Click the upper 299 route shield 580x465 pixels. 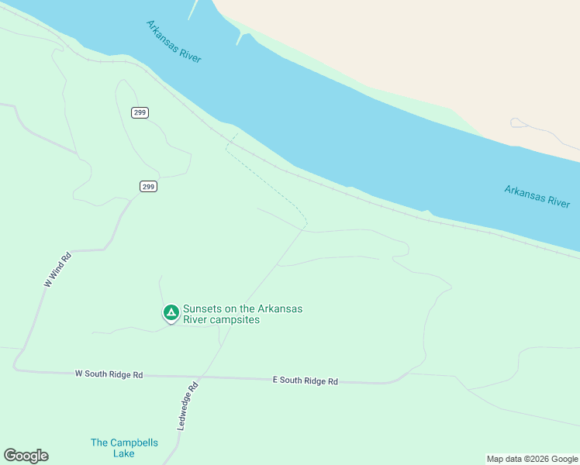point(140,112)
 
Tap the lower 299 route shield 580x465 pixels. point(149,186)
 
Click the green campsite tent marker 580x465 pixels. point(171,312)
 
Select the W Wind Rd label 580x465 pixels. point(57,270)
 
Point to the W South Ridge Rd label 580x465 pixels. point(109,374)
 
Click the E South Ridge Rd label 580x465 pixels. point(306,381)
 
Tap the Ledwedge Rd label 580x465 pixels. point(188,405)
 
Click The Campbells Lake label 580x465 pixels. point(124,448)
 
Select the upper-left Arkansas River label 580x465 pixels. point(174,42)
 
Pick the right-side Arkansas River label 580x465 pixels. point(537,195)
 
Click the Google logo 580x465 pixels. point(26,456)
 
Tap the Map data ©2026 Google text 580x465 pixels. point(531,459)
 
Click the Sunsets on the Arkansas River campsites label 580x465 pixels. point(242,314)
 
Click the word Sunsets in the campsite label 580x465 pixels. point(202,308)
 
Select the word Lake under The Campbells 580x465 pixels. point(124,453)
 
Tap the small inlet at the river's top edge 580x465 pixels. point(242,36)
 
